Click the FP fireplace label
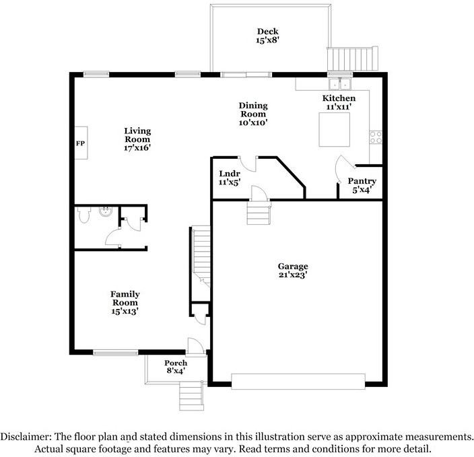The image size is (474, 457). (79, 144)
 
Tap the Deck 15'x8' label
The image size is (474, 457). (267, 36)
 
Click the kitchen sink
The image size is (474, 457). (339, 85)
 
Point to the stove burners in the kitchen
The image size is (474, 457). (376, 138)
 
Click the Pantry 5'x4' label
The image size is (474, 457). (362, 186)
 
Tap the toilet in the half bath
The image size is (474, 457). (83, 215)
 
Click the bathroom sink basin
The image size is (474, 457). (105, 213)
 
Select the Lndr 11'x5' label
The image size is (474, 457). (229, 178)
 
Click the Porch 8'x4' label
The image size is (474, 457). (176, 367)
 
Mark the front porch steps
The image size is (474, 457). (191, 396)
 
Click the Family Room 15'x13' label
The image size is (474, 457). (125, 302)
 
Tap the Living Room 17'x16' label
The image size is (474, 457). (137, 139)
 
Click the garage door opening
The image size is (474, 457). (298, 380)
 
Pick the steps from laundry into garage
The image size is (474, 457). (257, 214)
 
